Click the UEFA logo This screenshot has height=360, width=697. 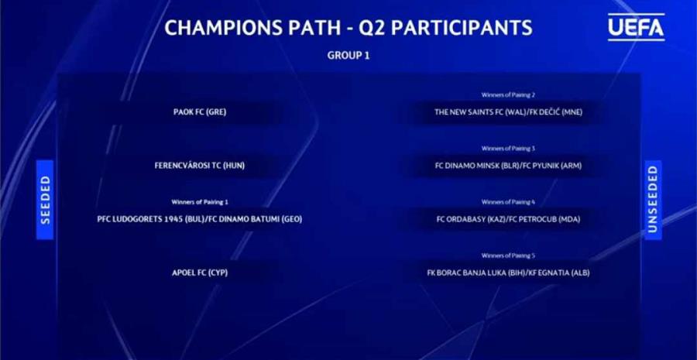point(636,27)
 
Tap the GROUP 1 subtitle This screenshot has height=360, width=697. point(348,56)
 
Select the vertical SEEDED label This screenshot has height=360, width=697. point(45,200)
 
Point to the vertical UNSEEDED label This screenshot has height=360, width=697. point(653,200)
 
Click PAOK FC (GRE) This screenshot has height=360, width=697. point(200,112)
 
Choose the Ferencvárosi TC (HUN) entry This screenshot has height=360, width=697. point(200,166)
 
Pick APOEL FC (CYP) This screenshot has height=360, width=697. point(200,273)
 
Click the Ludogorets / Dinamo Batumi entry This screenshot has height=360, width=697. point(200,219)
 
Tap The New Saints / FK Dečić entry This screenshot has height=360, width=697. point(509,112)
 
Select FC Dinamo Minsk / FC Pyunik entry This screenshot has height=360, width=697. point(509,166)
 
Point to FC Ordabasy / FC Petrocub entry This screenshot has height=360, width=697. point(509,219)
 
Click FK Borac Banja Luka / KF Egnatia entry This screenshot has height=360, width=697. point(509,273)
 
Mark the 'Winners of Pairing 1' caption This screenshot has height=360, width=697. point(200,202)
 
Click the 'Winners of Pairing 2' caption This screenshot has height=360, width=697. point(509,95)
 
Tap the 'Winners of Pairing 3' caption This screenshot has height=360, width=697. point(509,149)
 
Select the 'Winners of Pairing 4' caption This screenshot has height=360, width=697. point(509,202)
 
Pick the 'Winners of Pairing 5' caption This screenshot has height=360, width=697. point(509,256)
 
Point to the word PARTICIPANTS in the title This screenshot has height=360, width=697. point(462,28)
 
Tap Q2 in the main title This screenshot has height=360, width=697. point(372,29)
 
